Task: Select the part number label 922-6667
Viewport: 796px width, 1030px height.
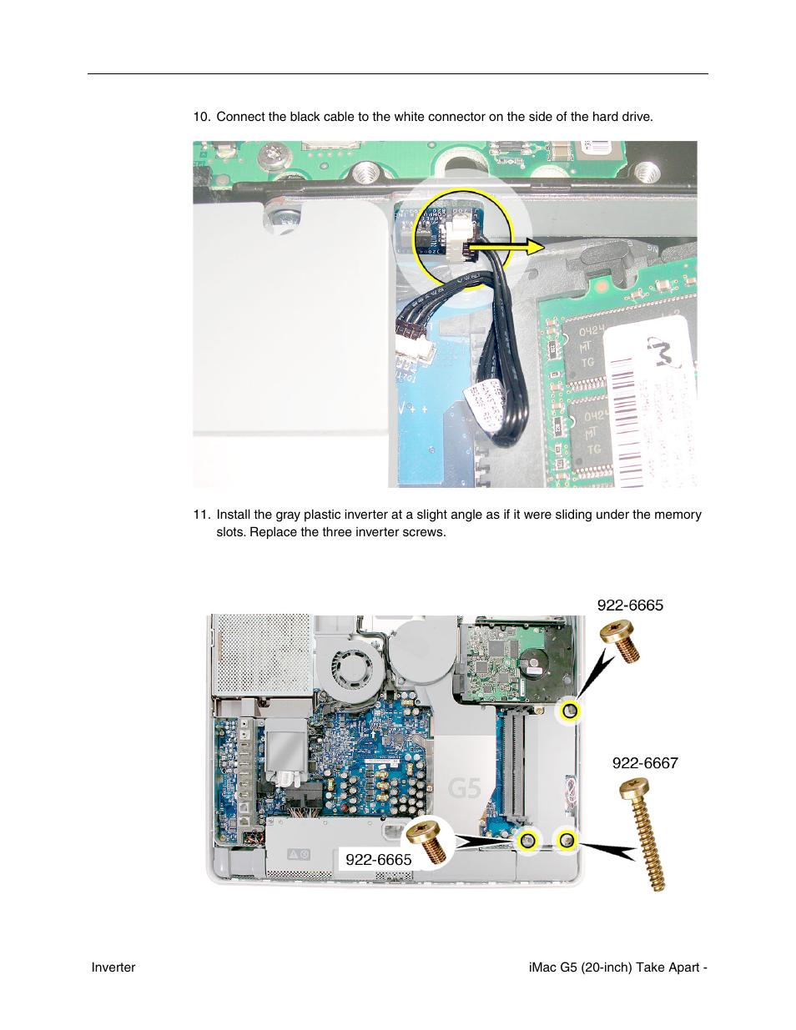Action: tap(644, 763)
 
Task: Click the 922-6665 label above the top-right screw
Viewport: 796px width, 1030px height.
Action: tap(630, 605)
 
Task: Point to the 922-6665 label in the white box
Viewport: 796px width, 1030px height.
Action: tap(378, 859)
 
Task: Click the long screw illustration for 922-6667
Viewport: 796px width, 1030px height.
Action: tap(644, 834)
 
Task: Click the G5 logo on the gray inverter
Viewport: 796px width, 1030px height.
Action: tap(464, 788)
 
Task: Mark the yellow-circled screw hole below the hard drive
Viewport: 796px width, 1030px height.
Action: tap(570, 711)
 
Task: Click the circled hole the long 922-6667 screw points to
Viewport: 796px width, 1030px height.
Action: tap(567, 840)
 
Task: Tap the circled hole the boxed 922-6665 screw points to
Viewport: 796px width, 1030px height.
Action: tap(526, 840)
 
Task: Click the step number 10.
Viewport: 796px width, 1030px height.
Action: tap(201, 117)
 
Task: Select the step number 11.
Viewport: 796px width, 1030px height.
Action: tap(201, 515)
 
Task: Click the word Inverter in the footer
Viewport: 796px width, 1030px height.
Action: tap(113, 967)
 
